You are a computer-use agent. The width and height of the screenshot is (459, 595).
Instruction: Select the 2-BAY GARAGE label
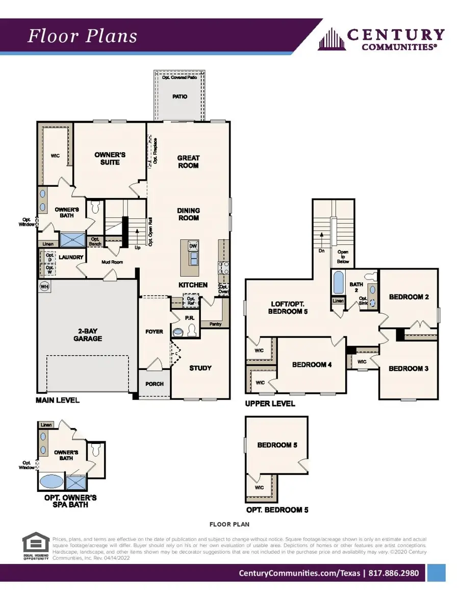[88, 334]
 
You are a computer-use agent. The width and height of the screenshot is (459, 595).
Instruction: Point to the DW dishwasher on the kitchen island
[193, 246]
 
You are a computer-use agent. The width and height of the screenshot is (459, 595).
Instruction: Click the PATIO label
[180, 96]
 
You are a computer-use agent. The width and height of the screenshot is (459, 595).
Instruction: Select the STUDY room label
[200, 368]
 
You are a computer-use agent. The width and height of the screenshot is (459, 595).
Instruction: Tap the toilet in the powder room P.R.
[191, 331]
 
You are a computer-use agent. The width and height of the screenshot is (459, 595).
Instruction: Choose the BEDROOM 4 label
[312, 364]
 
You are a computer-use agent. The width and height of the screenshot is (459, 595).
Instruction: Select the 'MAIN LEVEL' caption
[58, 400]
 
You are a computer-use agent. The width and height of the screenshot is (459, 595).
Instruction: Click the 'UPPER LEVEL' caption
[270, 403]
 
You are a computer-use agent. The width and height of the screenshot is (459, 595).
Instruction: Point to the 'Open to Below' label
[343, 257]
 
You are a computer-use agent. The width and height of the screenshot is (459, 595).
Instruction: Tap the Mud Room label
[113, 262]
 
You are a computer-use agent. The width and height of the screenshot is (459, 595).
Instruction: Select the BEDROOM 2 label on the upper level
[409, 296]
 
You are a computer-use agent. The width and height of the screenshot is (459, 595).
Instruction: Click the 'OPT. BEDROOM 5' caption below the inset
[277, 509]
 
